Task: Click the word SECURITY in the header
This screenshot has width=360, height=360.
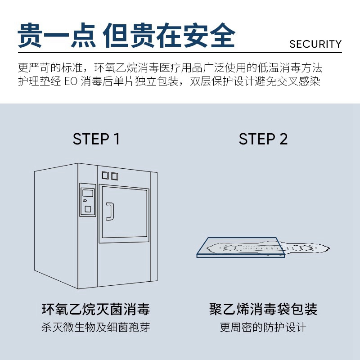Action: (315, 44)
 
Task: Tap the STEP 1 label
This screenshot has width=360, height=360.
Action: (96, 139)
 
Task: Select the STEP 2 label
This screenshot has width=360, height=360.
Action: (263, 139)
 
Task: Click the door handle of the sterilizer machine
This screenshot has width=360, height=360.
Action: (108, 211)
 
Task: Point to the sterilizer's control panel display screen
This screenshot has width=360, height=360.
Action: (88, 193)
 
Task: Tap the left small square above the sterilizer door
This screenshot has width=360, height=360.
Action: (105, 175)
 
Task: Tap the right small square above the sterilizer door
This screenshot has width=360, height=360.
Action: (114, 175)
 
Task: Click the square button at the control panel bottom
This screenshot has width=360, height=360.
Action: (88, 209)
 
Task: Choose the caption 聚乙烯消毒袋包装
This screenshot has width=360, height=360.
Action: (263, 310)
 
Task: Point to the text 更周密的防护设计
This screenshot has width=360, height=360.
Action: (263, 327)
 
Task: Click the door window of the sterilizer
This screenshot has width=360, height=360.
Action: (125, 213)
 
